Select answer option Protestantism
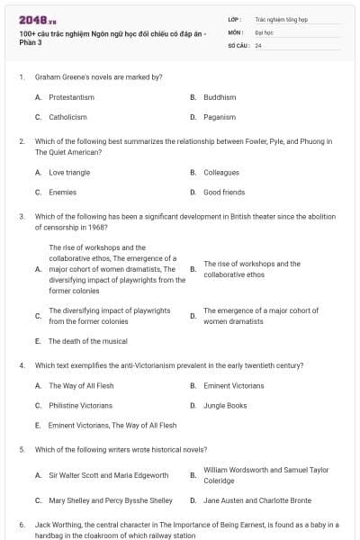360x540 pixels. (x=71, y=97)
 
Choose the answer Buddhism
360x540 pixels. (x=220, y=97)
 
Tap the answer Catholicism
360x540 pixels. (x=67, y=117)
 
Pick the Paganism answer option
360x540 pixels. (x=220, y=117)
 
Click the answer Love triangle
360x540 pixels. (x=69, y=172)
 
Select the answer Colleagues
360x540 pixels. (x=221, y=172)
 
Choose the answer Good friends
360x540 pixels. (x=224, y=192)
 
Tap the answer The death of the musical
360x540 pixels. (x=87, y=341)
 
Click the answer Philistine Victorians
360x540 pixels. (x=80, y=405)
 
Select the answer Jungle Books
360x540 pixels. (x=225, y=405)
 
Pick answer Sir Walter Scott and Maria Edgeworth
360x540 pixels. (x=108, y=474)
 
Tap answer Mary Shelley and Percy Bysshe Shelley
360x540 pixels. (x=111, y=500)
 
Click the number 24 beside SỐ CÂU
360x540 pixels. (x=258, y=45)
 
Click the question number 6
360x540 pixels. (x=21, y=524)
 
